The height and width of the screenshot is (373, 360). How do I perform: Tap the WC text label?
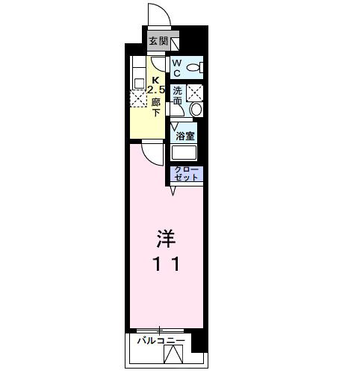[177, 69]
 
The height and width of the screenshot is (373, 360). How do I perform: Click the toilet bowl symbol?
[193, 69]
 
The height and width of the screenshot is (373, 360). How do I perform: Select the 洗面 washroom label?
[177, 95]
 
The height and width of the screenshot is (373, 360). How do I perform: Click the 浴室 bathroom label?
[185, 136]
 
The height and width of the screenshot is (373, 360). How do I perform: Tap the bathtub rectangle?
[184, 154]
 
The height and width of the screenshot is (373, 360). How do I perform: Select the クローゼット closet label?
[187, 175]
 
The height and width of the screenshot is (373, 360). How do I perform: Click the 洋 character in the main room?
[166, 239]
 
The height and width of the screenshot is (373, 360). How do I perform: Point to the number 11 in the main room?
[166, 263]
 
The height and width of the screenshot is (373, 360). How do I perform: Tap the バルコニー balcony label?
[161, 342]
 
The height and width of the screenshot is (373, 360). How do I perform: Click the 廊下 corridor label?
[156, 107]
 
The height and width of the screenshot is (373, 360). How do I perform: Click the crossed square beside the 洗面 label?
[194, 93]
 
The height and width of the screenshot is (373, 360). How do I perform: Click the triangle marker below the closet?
[173, 192]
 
